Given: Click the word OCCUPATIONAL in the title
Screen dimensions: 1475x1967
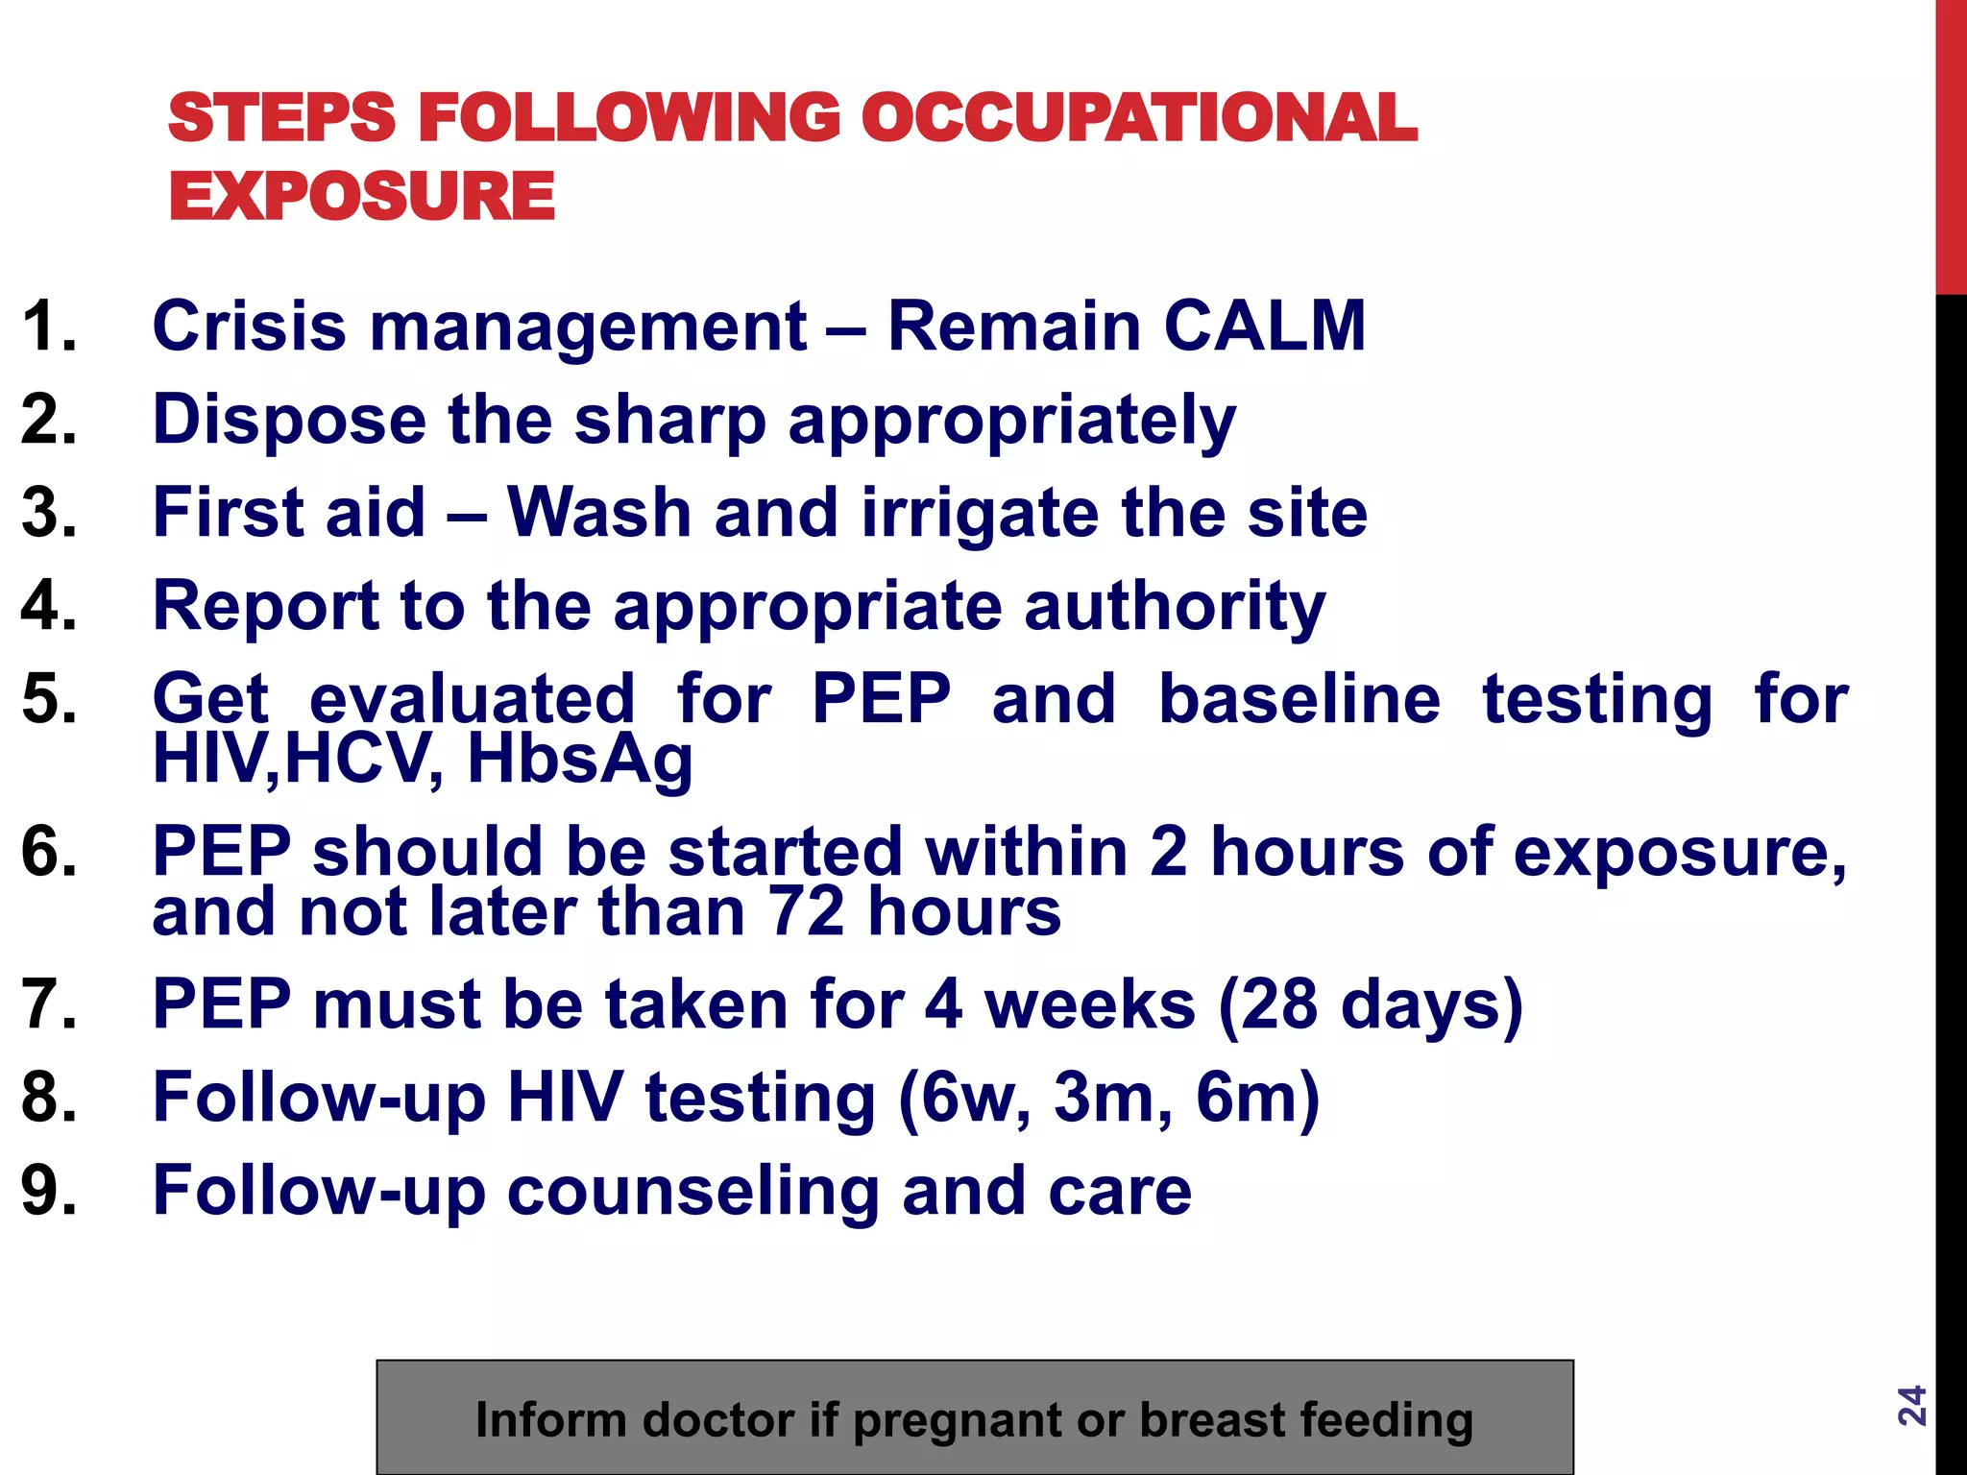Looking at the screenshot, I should (1138, 119).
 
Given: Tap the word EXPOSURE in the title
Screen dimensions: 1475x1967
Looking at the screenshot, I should (362, 196).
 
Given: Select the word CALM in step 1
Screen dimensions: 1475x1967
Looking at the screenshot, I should (1265, 326).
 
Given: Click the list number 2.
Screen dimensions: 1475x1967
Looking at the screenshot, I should (48, 420).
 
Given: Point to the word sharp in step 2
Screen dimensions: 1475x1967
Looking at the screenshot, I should (669, 420).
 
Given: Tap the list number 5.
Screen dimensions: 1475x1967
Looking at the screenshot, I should (48, 698).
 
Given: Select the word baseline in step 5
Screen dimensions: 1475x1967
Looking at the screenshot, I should (1299, 698).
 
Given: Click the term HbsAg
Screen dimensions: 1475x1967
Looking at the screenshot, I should (580, 760).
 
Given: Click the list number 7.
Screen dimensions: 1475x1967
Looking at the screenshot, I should (48, 1004).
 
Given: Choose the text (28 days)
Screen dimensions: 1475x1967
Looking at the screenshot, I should (1371, 1004).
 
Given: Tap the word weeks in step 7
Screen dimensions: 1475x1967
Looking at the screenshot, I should (1090, 1004).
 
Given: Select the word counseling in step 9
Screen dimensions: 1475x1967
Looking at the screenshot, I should (692, 1191).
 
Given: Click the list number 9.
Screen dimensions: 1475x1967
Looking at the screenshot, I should (48, 1191).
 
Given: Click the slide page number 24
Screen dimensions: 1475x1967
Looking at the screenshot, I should (1911, 1405).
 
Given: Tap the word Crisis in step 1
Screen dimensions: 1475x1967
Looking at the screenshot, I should (249, 326).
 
